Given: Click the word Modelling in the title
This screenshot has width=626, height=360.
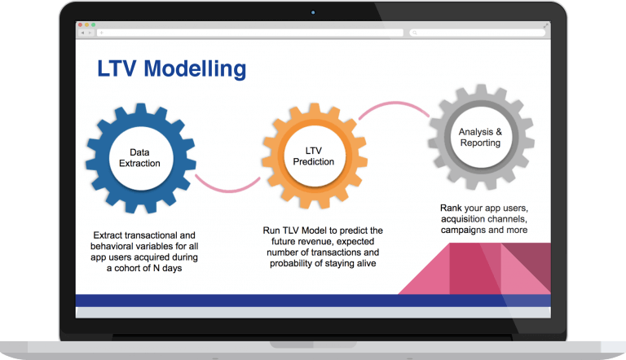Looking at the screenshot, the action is (x=195, y=69).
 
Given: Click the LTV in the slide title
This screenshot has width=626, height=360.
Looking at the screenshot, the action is (x=117, y=68).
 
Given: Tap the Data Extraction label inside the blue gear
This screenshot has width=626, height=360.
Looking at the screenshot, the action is (x=139, y=158).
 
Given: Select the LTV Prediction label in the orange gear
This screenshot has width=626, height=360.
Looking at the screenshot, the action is (x=313, y=156).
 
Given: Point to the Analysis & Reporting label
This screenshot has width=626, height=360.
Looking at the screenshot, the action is (x=480, y=138).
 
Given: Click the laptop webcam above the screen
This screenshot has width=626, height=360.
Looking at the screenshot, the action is (x=313, y=12).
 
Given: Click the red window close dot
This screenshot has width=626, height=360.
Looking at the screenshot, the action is (x=80, y=24).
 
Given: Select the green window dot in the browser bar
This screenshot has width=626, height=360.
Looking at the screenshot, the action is (x=94, y=24).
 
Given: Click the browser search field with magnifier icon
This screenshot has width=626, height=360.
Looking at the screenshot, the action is (x=477, y=33).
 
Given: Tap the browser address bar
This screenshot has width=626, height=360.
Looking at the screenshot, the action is (x=250, y=33).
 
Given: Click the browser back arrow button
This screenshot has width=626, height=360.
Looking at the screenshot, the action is (x=82, y=33).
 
